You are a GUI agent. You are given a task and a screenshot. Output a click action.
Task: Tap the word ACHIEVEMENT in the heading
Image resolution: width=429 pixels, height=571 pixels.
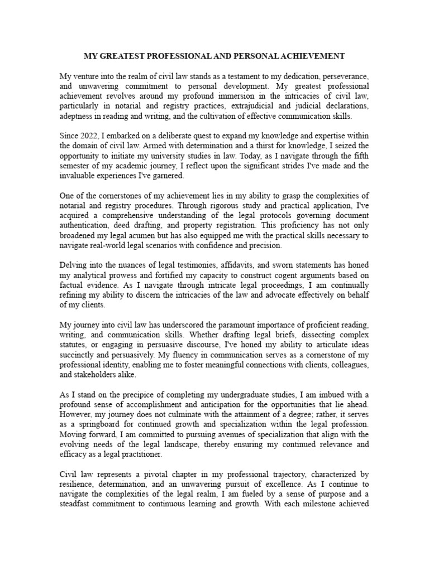pyautogui.click(x=313, y=56)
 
